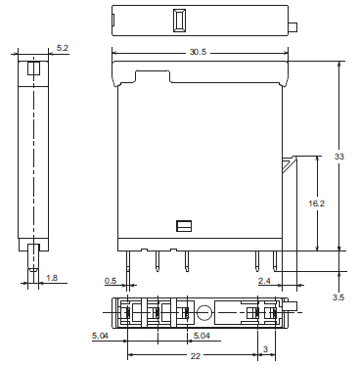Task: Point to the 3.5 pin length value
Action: pyautogui.click(x=337, y=296)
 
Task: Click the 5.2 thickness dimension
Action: pyautogui.click(x=62, y=47)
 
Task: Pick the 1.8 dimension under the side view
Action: pyautogui.click(x=52, y=279)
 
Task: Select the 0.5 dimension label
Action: pyautogui.click(x=111, y=282)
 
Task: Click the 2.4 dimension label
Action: pyautogui.click(x=264, y=282)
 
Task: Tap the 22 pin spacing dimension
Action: pyautogui.click(x=196, y=355)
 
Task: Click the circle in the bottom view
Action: pyautogui.click(x=204, y=314)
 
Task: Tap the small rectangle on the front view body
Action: pyautogui.click(x=183, y=225)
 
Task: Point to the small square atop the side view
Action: pyautogui.click(x=33, y=68)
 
